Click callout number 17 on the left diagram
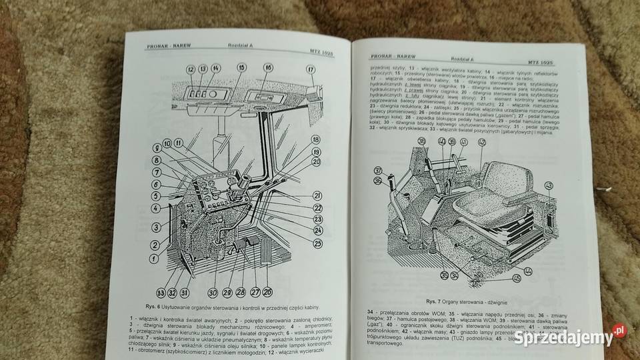(x=311, y=70)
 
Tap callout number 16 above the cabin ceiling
(x=267, y=68)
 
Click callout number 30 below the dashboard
(x=213, y=291)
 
